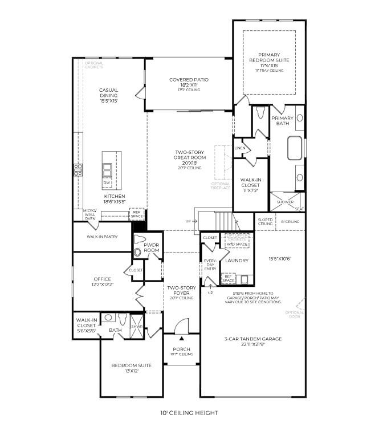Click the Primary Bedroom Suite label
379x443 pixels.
click(x=269, y=60)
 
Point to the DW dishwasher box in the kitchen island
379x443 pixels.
click(x=107, y=182)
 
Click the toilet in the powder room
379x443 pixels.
click(x=137, y=251)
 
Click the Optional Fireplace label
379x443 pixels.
click(x=221, y=186)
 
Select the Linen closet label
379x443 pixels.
click(x=241, y=148)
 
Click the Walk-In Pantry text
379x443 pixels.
click(x=102, y=236)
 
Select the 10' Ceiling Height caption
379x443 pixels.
click(x=189, y=413)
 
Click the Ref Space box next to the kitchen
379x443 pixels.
click(x=137, y=214)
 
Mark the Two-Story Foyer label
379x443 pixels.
click(x=181, y=291)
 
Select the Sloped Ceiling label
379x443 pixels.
click(x=266, y=221)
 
